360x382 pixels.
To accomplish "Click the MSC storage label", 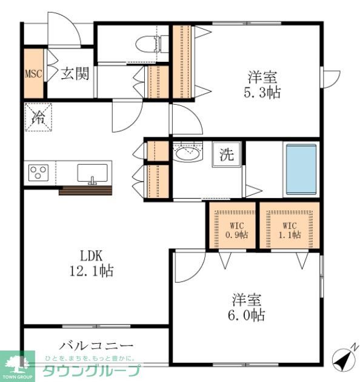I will (x=33, y=74).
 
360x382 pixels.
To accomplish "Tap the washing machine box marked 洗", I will (x=227, y=154).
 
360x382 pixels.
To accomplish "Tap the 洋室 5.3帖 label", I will (x=262, y=85).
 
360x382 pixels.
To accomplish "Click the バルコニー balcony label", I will (x=96, y=346).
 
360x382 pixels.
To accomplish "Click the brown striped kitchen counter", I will (x=86, y=191).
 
